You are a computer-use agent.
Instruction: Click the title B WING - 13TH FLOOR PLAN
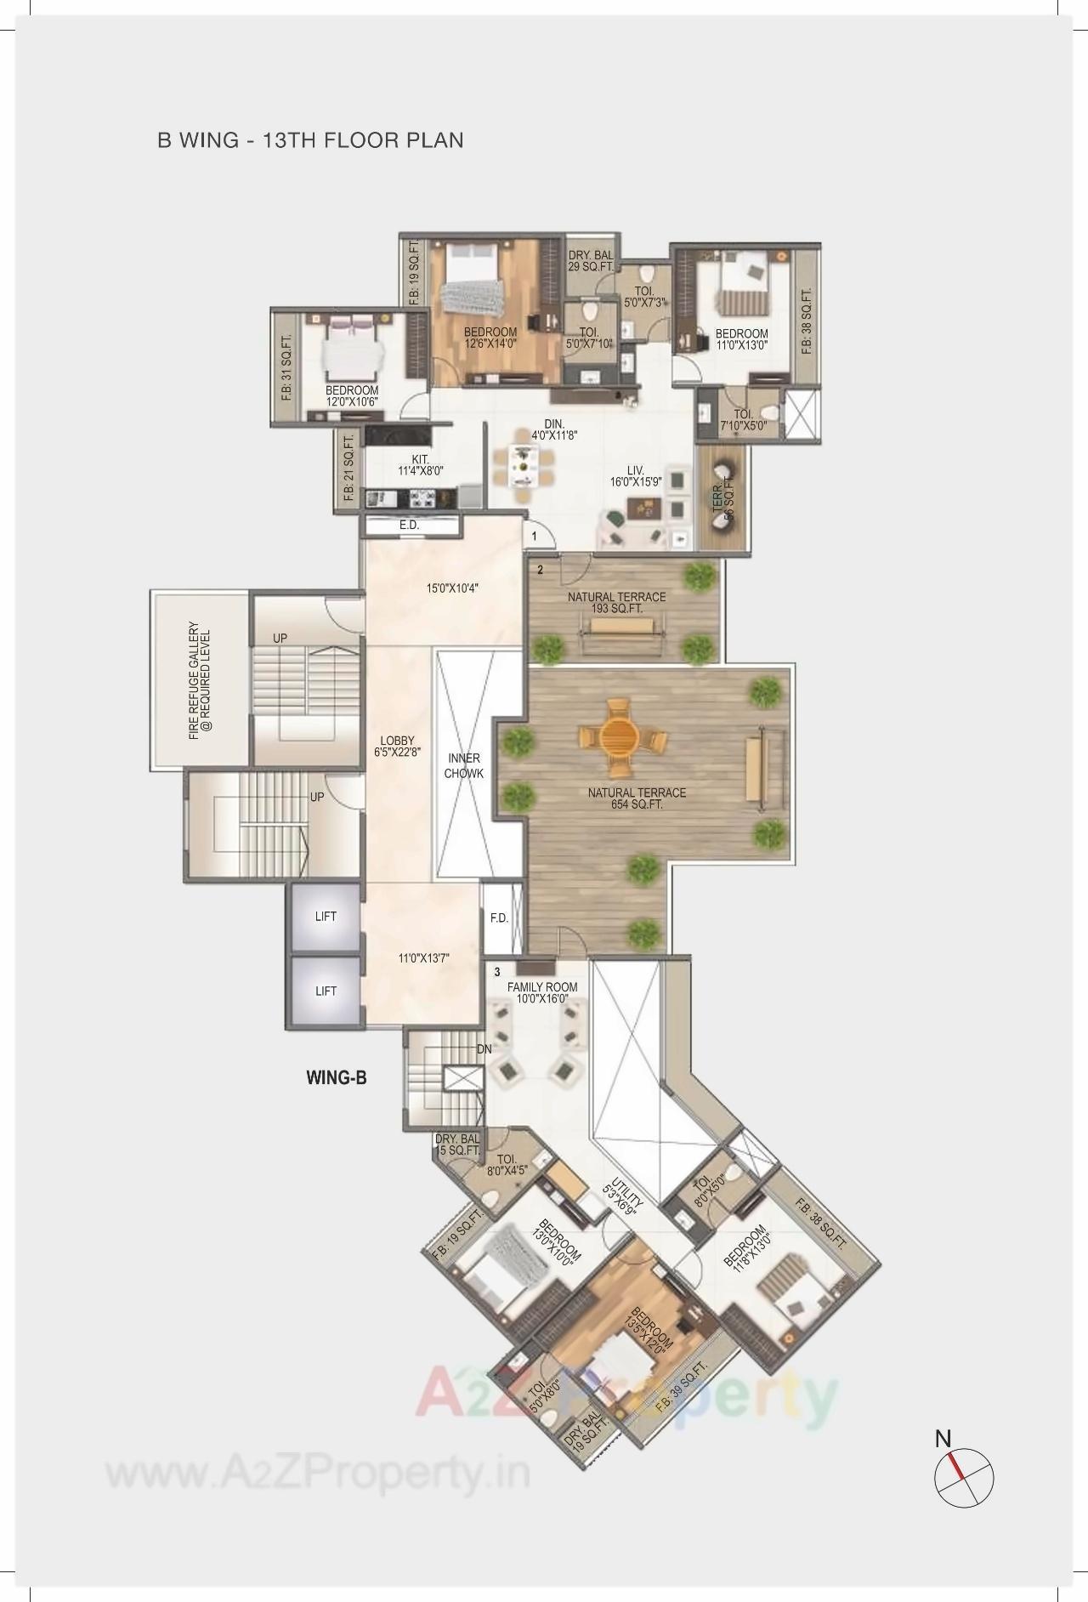click(310, 139)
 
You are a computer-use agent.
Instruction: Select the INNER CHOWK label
click(463, 765)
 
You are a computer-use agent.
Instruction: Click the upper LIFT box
click(326, 917)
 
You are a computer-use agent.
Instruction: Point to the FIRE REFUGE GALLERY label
click(201, 684)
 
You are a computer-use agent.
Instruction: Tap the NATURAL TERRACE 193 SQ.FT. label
click(616, 603)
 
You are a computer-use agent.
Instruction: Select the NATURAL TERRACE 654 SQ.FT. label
click(637, 798)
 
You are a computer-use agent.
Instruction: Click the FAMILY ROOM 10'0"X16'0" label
click(542, 992)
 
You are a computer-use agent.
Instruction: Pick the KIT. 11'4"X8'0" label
click(421, 464)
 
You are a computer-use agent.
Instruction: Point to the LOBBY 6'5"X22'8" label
click(398, 747)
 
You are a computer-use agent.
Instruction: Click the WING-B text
click(336, 1078)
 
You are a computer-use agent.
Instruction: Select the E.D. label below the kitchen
click(409, 525)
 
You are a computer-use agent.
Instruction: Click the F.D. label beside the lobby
click(499, 918)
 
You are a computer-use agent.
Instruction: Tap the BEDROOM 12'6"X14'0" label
click(490, 338)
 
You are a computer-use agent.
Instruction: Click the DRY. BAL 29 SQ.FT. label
click(591, 260)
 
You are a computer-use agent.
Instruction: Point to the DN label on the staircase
click(484, 1049)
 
